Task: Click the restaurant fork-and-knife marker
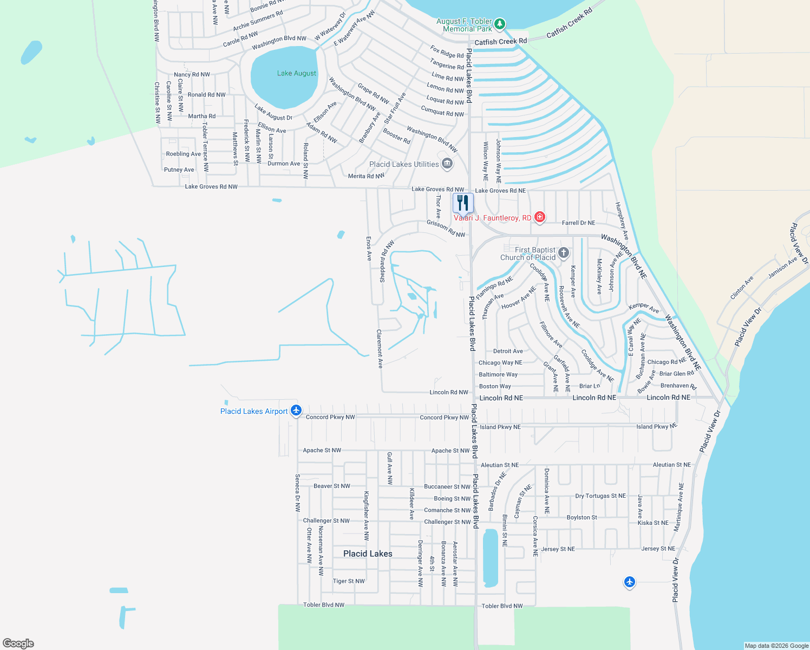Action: (x=463, y=203)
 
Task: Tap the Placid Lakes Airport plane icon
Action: (x=296, y=411)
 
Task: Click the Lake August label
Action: (x=296, y=73)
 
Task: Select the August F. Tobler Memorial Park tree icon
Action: (x=500, y=24)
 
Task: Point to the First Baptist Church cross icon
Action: (x=564, y=252)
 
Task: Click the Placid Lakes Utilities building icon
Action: (x=447, y=164)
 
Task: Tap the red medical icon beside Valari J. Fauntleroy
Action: (x=539, y=217)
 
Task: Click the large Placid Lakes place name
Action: (x=368, y=554)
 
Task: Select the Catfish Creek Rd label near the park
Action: (x=500, y=42)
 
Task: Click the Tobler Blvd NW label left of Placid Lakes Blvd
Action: (x=324, y=604)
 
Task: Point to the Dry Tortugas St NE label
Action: (x=600, y=496)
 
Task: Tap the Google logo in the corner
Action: (x=18, y=643)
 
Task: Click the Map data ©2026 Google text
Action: (x=776, y=646)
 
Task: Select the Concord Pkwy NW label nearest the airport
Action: (x=330, y=417)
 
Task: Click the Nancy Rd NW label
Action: (x=192, y=75)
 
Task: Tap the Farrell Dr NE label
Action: (x=578, y=223)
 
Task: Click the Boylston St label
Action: (x=582, y=517)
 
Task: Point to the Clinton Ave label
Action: (x=742, y=288)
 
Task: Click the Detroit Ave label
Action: (x=508, y=351)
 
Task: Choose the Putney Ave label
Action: (x=179, y=170)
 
